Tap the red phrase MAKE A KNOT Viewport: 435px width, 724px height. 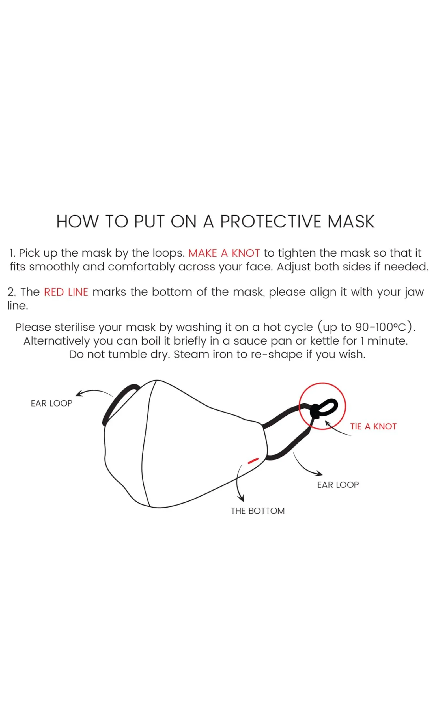[x=224, y=253]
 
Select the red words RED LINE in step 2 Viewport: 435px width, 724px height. [x=66, y=292]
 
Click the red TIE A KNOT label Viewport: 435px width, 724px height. [x=373, y=426]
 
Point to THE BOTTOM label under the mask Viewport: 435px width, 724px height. [x=258, y=511]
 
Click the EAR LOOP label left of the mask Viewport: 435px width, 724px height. [x=51, y=403]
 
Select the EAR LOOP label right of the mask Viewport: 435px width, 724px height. [x=338, y=485]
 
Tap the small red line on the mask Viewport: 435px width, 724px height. [x=253, y=461]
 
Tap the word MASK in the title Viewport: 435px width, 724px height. [x=351, y=222]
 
